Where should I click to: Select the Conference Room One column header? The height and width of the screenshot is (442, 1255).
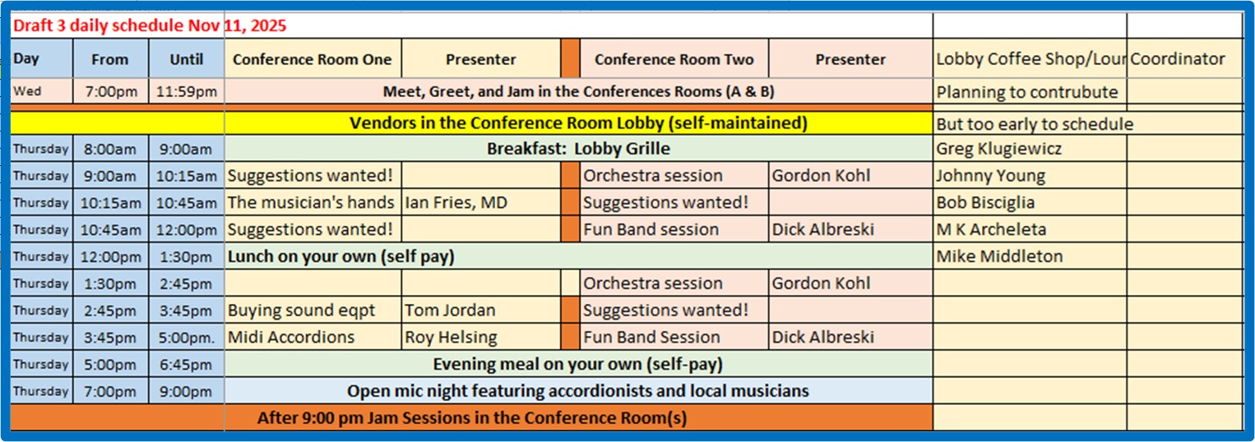(313, 59)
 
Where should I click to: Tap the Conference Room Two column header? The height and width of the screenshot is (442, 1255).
(674, 59)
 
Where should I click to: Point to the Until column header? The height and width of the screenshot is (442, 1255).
(186, 59)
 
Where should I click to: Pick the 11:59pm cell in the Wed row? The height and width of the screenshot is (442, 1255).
(186, 91)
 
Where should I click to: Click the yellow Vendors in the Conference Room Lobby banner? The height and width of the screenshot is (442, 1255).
(578, 123)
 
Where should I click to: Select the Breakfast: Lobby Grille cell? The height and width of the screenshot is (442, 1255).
(578, 149)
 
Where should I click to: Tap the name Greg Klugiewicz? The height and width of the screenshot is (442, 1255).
(998, 149)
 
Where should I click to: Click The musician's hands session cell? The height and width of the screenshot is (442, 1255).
(311, 202)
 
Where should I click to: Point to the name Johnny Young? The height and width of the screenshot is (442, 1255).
(990, 176)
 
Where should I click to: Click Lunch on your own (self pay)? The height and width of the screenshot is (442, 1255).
(340, 256)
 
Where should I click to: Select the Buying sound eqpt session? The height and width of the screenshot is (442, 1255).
(301, 311)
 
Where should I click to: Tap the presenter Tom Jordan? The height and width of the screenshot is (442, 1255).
(450, 311)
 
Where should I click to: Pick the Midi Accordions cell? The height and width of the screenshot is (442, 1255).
(291, 337)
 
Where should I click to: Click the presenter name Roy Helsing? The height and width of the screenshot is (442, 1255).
(451, 337)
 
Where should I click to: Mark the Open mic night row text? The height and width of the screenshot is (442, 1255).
(577, 391)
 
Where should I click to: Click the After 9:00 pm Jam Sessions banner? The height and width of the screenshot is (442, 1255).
(472, 417)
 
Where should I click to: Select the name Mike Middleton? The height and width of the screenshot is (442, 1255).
(999, 256)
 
